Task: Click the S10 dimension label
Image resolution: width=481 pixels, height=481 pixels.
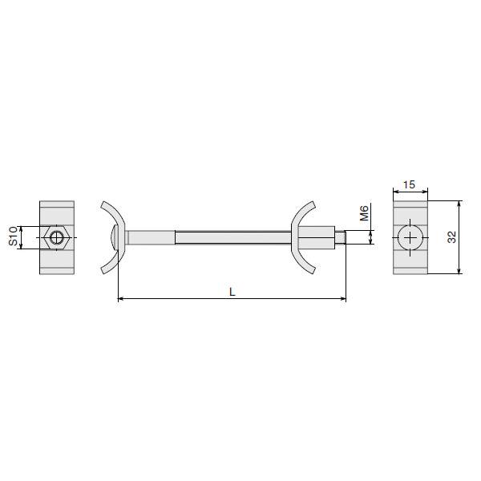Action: (x=13, y=236)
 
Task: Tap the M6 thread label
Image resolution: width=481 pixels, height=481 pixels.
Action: (x=364, y=213)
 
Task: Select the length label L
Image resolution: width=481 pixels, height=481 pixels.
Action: (x=232, y=292)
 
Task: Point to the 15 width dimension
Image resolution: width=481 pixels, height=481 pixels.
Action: (x=409, y=184)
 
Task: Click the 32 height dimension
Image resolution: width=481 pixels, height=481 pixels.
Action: (x=451, y=236)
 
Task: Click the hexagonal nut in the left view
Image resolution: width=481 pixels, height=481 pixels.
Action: (x=56, y=237)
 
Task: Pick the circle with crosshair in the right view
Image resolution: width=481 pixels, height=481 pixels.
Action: (x=410, y=237)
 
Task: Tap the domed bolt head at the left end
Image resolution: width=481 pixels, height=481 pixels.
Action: (x=114, y=237)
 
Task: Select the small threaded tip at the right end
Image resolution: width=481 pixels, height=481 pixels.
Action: (x=340, y=237)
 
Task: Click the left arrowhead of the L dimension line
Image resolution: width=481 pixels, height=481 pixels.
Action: (x=121, y=298)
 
